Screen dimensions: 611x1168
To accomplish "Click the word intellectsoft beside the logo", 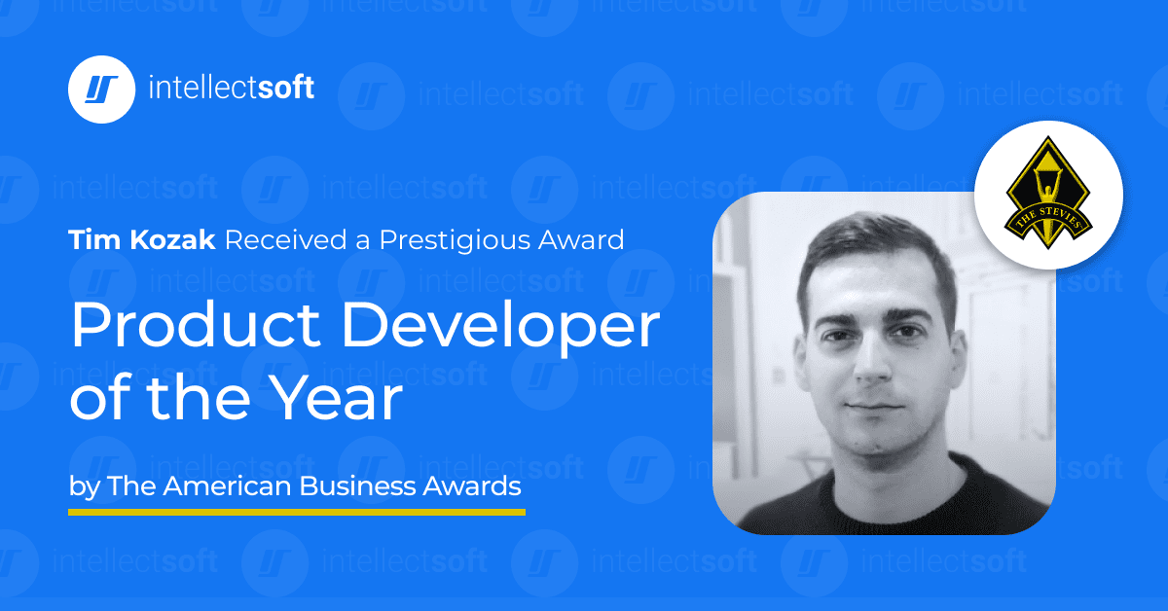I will tap(232, 89).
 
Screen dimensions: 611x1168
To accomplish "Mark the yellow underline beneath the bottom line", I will tap(297, 511).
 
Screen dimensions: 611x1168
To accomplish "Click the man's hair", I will tap(871, 243).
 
